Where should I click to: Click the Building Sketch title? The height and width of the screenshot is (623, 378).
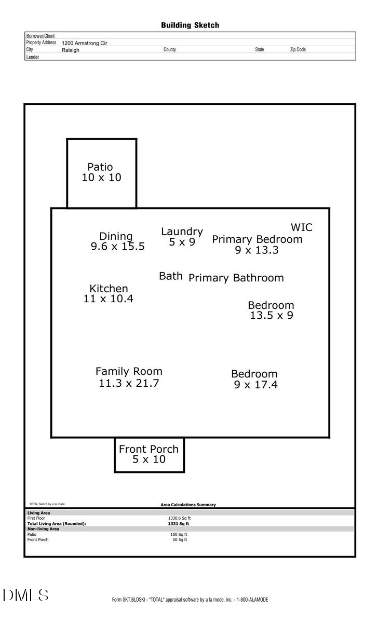point(190,25)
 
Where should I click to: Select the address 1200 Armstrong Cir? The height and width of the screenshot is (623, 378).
point(84,44)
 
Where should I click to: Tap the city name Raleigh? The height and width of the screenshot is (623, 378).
point(71,50)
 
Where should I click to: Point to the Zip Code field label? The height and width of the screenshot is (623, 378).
point(298,50)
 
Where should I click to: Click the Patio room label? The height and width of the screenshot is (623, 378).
point(100,167)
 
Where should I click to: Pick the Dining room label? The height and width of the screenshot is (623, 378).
point(116,237)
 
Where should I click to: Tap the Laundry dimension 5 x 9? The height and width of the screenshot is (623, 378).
point(182,242)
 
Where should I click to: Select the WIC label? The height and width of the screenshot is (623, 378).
point(302,227)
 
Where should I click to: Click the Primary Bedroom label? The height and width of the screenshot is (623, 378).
point(257,239)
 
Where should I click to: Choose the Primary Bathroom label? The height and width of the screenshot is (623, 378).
point(236,278)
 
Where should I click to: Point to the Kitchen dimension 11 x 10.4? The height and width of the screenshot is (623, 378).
point(109,299)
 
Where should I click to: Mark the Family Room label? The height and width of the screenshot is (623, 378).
point(129,372)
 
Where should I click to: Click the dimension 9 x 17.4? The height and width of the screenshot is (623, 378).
point(255,385)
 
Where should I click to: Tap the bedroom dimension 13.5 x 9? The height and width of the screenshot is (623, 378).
point(271,315)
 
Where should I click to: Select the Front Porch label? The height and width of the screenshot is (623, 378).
point(148,449)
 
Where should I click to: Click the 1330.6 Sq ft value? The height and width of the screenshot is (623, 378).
point(179,518)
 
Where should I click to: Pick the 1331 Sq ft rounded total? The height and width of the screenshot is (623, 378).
point(179,524)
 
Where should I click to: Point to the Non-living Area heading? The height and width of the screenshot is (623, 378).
point(43,529)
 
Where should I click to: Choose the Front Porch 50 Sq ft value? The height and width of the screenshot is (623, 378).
point(180,540)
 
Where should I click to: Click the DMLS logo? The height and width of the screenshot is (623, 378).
point(26,595)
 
